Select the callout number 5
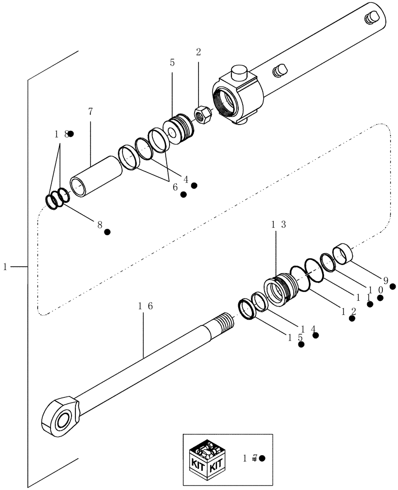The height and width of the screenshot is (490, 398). coord(172,63)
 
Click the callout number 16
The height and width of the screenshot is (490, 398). coord(145,306)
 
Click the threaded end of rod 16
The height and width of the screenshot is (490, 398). coord(224,323)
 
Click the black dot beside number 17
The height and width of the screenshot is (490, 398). coord(262,458)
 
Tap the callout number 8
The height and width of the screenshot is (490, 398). coord(99,225)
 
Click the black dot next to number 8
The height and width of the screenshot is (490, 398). coord(107,231)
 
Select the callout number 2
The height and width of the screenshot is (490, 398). coord(199,52)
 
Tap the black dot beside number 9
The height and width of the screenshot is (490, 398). coord(392,286)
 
